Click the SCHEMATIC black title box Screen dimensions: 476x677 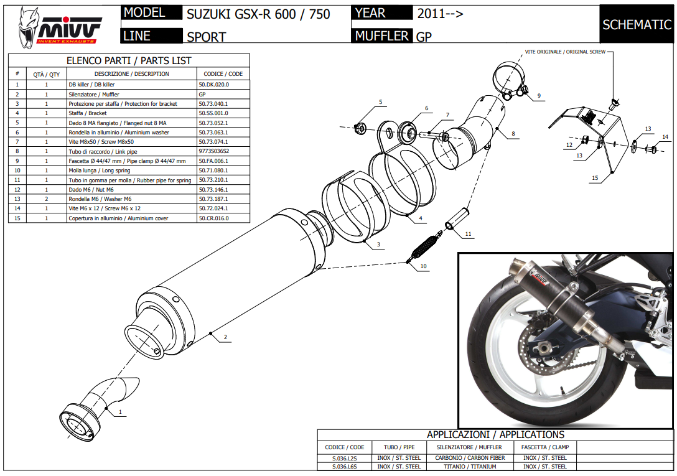pos(637,24)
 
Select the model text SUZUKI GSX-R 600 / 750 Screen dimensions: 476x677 pos(258,14)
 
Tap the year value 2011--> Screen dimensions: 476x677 pos(440,13)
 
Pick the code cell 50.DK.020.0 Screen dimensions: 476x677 pos(213,84)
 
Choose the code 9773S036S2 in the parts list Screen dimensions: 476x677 pos(213,151)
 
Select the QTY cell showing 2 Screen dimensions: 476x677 pos(46,199)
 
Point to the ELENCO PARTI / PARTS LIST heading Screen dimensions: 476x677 pos(129,61)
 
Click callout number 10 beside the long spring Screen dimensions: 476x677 pos(424,266)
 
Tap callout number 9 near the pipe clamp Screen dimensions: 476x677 pos(539,96)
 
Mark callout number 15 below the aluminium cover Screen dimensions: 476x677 pos(595,178)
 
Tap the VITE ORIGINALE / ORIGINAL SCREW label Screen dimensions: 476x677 pos(565,51)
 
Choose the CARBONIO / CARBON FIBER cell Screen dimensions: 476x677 pos(470,458)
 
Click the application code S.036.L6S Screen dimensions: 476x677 pos(344,466)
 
